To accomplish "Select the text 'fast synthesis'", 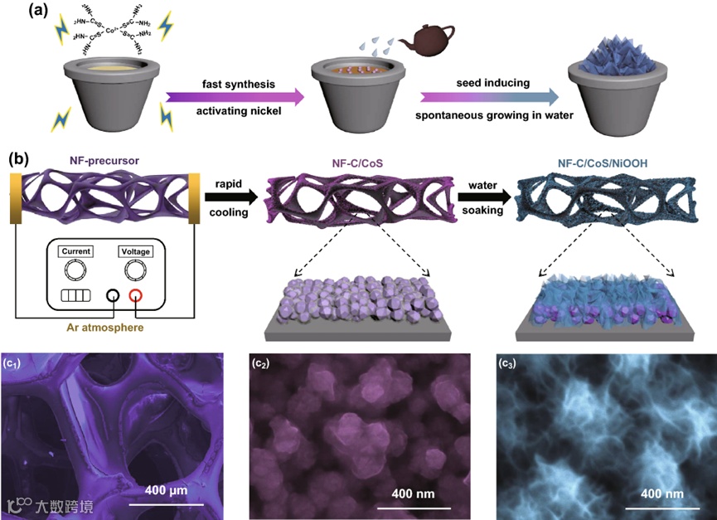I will (x=233, y=84).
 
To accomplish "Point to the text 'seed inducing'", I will (x=487, y=84).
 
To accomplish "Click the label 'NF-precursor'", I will (x=106, y=161).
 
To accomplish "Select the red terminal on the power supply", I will (x=136, y=296).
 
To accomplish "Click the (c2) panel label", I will (x=264, y=362).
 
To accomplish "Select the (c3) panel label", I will (x=508, y=362).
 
